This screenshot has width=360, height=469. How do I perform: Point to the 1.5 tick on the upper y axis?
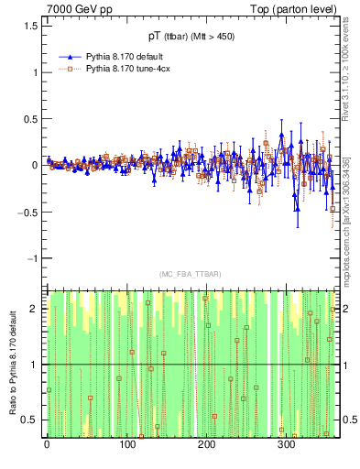tap(32, 26)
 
